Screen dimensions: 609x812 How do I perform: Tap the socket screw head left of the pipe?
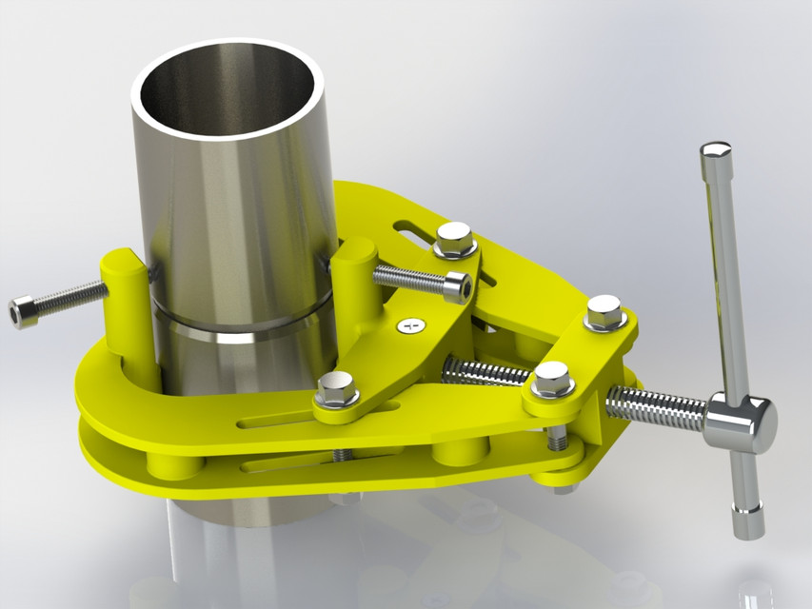(x=23, y=312)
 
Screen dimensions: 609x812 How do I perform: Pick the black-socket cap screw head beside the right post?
(x=457, y=285)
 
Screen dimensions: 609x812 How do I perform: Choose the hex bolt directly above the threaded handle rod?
(x=552, y=378)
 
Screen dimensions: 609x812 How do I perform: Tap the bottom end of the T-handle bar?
(x=748, y=522)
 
